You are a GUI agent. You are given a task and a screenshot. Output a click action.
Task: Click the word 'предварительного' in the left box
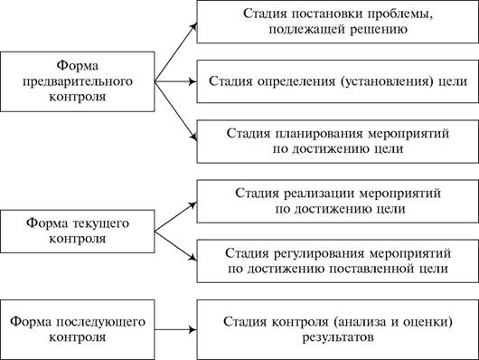(x=78, y=82)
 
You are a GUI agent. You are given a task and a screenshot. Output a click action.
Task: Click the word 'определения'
(x=296, y=81)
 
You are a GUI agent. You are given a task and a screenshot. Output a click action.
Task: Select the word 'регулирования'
(x=320, y=253)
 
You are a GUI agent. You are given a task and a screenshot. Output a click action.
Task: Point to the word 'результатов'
(x=338, y=337)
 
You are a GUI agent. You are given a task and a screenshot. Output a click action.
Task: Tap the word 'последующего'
(x=100, y=322)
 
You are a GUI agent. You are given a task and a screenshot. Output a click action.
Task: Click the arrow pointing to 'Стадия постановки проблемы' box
(x=175, y=52)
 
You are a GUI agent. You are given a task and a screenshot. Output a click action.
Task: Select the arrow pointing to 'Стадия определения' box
(x=175, y=81)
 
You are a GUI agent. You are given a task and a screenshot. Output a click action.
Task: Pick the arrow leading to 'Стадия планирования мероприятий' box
(x=175, y=111)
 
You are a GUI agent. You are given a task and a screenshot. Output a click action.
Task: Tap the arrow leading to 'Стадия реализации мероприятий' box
(x=175, y=217)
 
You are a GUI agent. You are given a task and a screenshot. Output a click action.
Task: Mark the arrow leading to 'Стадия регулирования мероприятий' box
(x=175, y=246)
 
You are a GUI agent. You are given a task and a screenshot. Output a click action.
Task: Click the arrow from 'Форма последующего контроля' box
(x=175, y=330)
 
